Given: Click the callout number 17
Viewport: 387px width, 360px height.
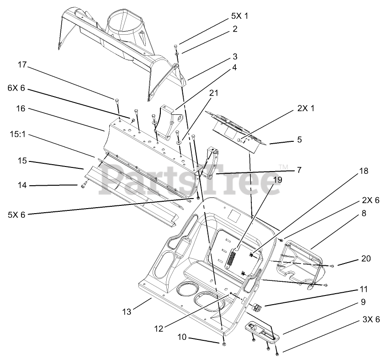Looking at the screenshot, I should tap(22, 65).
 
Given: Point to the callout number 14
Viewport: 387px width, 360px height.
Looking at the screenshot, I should tap(22, 185).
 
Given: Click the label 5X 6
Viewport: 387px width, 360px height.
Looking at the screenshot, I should tap(16, 214).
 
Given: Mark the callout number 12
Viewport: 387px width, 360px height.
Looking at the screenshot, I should tap(158, 328).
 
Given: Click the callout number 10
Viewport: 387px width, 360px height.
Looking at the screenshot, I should tap(182, 338).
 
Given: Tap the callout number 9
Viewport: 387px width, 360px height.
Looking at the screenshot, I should tap(363, 302).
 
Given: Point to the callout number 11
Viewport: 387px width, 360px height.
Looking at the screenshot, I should tap(363, 289).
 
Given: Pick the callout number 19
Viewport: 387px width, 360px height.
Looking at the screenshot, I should tap(278, 179).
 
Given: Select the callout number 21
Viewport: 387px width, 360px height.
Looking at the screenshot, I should tap(213, 92).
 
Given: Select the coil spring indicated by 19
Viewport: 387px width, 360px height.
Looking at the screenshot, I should tap(232, 259).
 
